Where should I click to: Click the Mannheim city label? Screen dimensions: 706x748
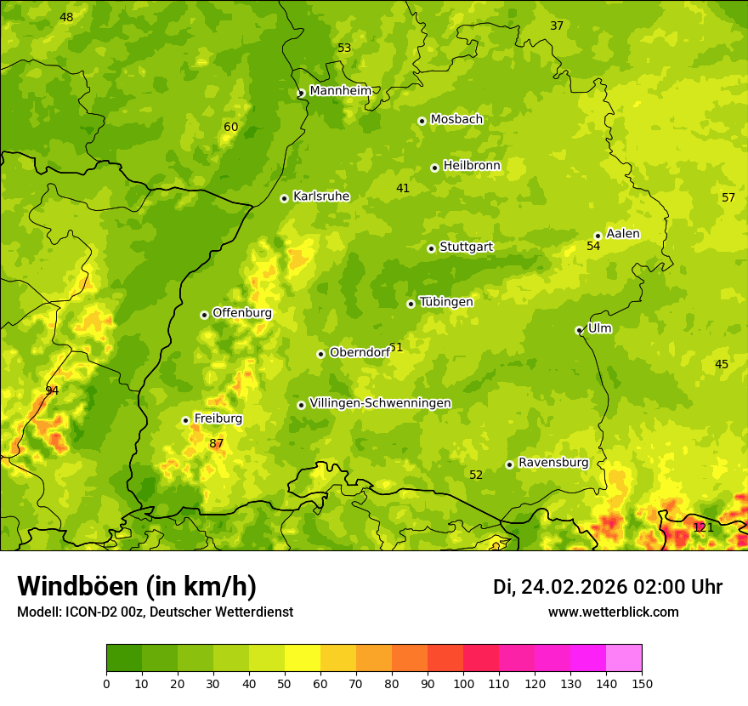click(x=340, y=91)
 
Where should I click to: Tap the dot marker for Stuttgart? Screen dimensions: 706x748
click(x=431, y=248)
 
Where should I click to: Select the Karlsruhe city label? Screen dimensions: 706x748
click(x=321, y=196)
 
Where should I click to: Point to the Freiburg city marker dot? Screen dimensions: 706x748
click(x=185, y=420)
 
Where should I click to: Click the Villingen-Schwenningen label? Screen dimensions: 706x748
click(x=380, y=403)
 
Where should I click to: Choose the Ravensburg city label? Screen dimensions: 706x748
click(x=553, y=463)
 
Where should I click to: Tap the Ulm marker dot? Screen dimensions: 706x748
click(x=579, y=330)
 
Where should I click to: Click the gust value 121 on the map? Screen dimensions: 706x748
click(x=703, y=527)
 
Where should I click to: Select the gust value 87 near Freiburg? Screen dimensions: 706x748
click(x=217, y=444)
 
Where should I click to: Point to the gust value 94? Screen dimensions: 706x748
click(x=52, y=390)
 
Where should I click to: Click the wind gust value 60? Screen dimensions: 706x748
click(x=231, y=128)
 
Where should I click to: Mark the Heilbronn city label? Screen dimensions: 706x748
click(x=472, y=166)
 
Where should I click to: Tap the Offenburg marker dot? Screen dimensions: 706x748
click(x=204, y=315)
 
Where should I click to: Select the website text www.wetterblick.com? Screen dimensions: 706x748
click(x=613, y=612)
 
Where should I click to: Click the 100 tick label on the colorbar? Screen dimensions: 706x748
click(x=463, y=683)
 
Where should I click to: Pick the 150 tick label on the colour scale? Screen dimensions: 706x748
click(x=642, y=683)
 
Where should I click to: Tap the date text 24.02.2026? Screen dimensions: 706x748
click(x=574, y=587)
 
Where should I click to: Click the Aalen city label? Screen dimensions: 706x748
click(x=623, y=234)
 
